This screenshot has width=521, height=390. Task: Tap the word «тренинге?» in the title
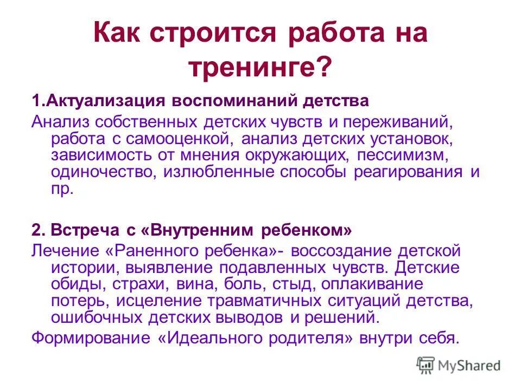[x=259, y=69]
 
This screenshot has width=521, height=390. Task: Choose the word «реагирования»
[x=410, y=173]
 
